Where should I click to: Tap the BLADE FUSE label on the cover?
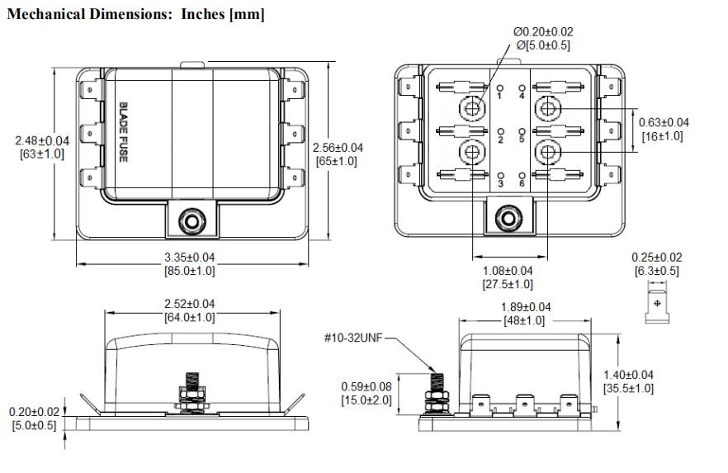123,132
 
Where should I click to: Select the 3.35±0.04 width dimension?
190,258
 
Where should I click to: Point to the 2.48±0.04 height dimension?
42,140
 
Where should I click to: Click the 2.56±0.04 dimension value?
338,148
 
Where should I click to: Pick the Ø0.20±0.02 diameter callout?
543,31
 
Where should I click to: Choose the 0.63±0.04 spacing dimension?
664,122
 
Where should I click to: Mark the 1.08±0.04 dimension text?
508,271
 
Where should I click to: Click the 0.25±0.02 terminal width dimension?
657,258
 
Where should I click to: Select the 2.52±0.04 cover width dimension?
190,304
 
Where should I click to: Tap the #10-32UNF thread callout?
353,338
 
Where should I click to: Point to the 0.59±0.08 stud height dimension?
366,386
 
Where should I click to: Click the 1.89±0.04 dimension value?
526,307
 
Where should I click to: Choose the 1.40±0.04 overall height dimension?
628,375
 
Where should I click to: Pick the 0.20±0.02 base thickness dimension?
35,412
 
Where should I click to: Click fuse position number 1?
499,96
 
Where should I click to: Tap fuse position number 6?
522,184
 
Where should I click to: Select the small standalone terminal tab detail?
657,306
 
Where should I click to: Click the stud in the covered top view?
191,221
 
